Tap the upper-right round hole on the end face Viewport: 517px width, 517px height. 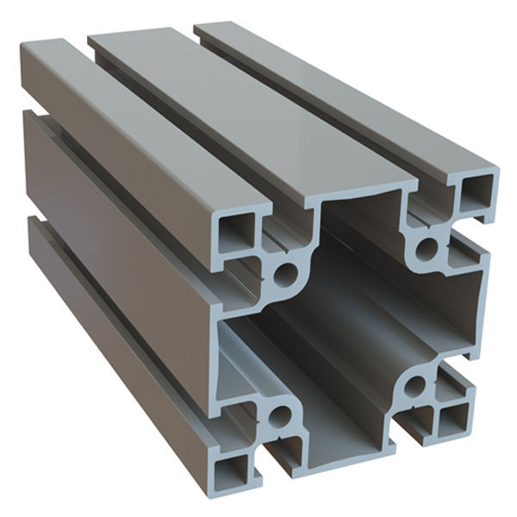pyautogui.click(x=427, y=251)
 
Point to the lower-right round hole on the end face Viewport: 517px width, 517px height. pyautogui.click(x=417, y=385)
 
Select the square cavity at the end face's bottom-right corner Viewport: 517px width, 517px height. pyautogui.click(x=450, y=422)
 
